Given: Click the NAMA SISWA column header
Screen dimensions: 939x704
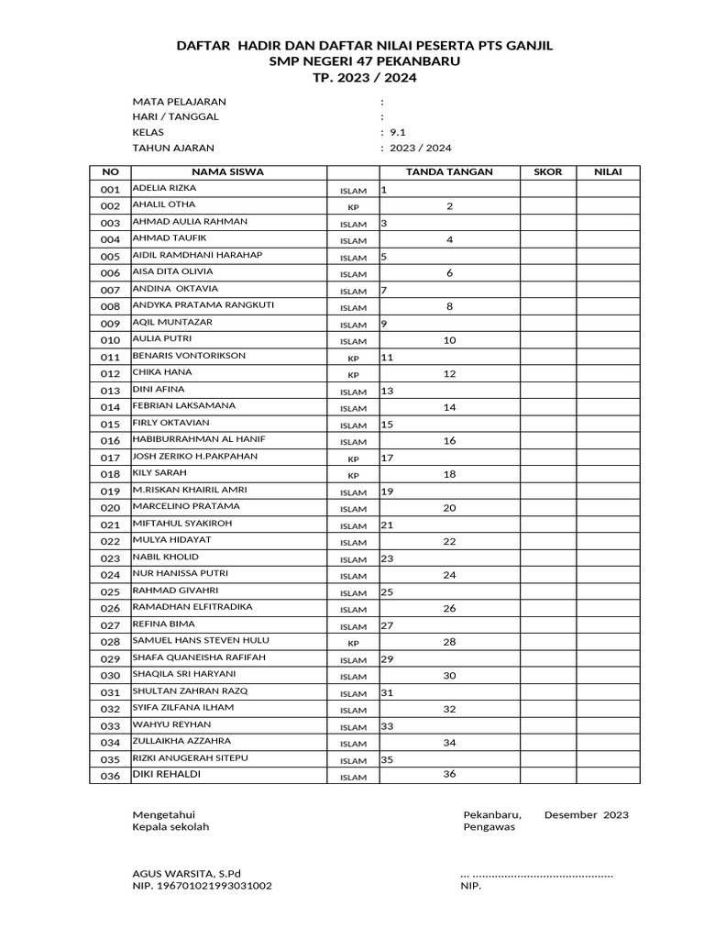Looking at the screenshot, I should point(227,171).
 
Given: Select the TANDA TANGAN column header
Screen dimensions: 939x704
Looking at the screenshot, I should point(449,171).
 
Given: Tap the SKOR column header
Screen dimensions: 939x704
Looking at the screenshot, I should point(548,171).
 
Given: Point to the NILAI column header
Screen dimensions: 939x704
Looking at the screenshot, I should point(608,171).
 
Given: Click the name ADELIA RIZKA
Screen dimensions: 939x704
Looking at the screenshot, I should point(164,188).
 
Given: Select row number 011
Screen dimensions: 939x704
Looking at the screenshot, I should point(110,357).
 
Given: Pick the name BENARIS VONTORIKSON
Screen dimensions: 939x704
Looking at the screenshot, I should point(189,355).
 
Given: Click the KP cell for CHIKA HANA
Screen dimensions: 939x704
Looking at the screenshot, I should point(353,375).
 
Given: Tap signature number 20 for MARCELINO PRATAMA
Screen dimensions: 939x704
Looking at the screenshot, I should point(449,507).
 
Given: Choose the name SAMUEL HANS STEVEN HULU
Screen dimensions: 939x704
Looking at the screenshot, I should point(201,640).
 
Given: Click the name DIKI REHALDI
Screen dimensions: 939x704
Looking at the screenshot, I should point(166,774).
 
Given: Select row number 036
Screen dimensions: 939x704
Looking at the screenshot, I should point(110,776).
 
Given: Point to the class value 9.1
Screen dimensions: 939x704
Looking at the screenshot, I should point(398,132).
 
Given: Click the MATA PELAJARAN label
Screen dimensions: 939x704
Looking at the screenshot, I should point(179,101).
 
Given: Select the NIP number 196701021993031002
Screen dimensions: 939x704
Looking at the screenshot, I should point(202,887).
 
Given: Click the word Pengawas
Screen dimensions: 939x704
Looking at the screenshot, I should point(489,826).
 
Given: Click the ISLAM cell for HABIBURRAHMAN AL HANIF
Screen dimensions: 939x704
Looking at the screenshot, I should point(353,442).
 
